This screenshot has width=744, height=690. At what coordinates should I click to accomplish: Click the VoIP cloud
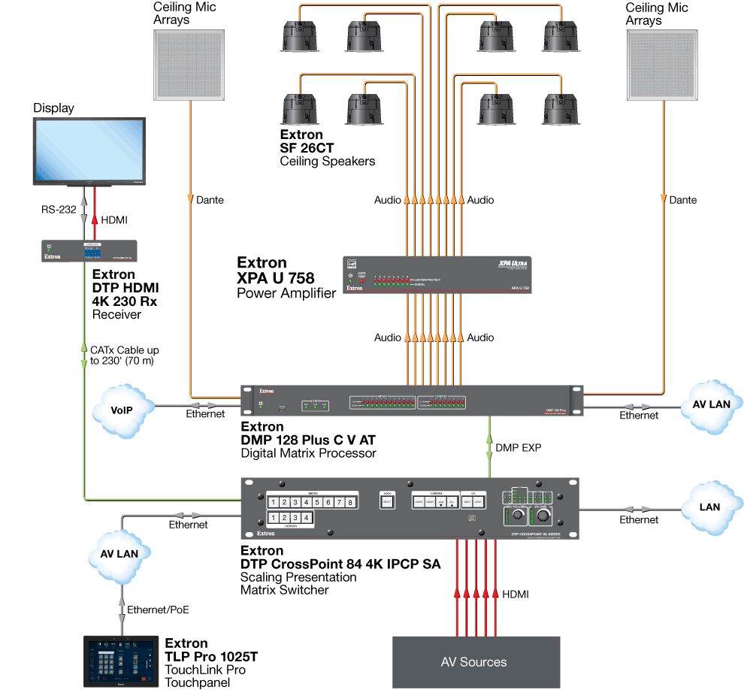[x=122, y=410]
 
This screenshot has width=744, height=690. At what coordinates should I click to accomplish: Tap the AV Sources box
[x=473, y=661]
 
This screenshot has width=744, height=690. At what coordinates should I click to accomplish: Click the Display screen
[x=89, y=150]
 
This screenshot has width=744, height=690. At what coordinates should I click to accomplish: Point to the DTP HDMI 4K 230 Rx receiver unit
[x=89, y=251]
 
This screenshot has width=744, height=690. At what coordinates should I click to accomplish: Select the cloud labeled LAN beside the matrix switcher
[x=709, y=507]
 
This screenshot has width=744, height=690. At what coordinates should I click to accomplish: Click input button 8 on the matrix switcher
[x=349, y=502]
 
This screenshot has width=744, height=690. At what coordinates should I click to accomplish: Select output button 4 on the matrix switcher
[x=306, y=518]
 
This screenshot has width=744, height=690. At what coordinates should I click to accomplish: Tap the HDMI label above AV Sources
[x=515, y=595]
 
